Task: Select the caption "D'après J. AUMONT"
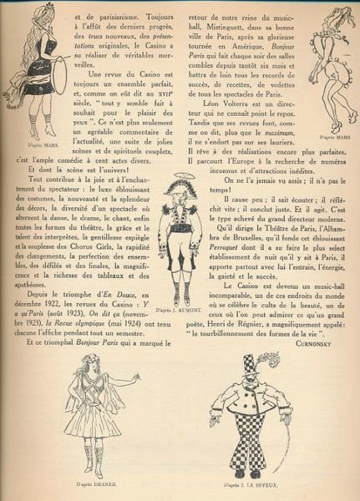tap(180, 311)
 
